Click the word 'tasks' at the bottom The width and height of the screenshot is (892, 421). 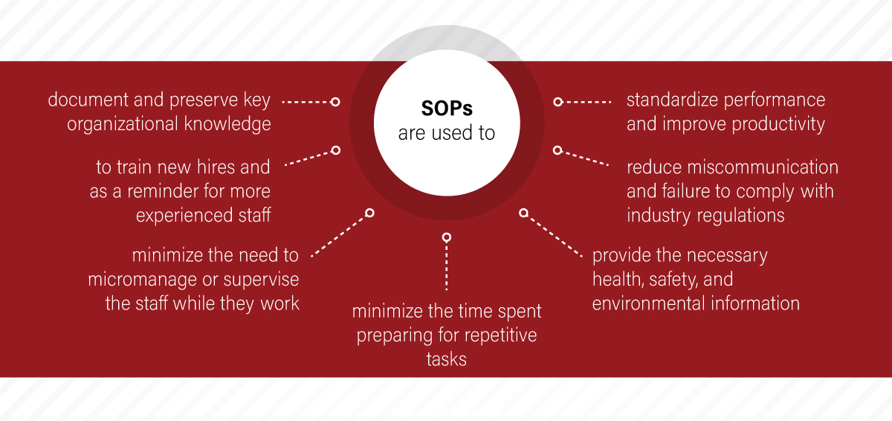click(446, 359)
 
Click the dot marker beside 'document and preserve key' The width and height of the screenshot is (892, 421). click(335, 101)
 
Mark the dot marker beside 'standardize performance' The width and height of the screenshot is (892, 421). click(557, 101)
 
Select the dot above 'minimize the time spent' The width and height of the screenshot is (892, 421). click(446, 237)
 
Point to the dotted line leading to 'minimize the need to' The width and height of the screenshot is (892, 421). click(340, 234)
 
